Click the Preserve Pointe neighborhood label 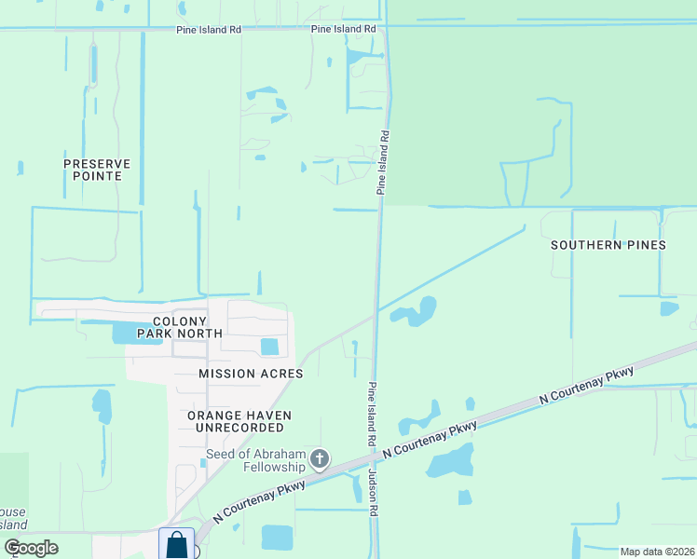pos(97,169)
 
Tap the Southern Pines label pos(608,245)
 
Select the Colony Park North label pos(180,326)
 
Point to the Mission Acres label pos(251,374)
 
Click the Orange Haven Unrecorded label pos(239,421)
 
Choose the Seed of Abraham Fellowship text pos(255,460)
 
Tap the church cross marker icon pos(320,458)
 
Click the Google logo pos(32,547)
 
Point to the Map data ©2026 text pos(656,551)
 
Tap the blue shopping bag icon pos(177,544)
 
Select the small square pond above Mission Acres pos(269,347)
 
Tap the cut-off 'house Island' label pos(13,519)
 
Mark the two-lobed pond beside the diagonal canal pos(417,312)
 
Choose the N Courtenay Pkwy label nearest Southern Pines pos(587,385)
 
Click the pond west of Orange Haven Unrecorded pos(102,405)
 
